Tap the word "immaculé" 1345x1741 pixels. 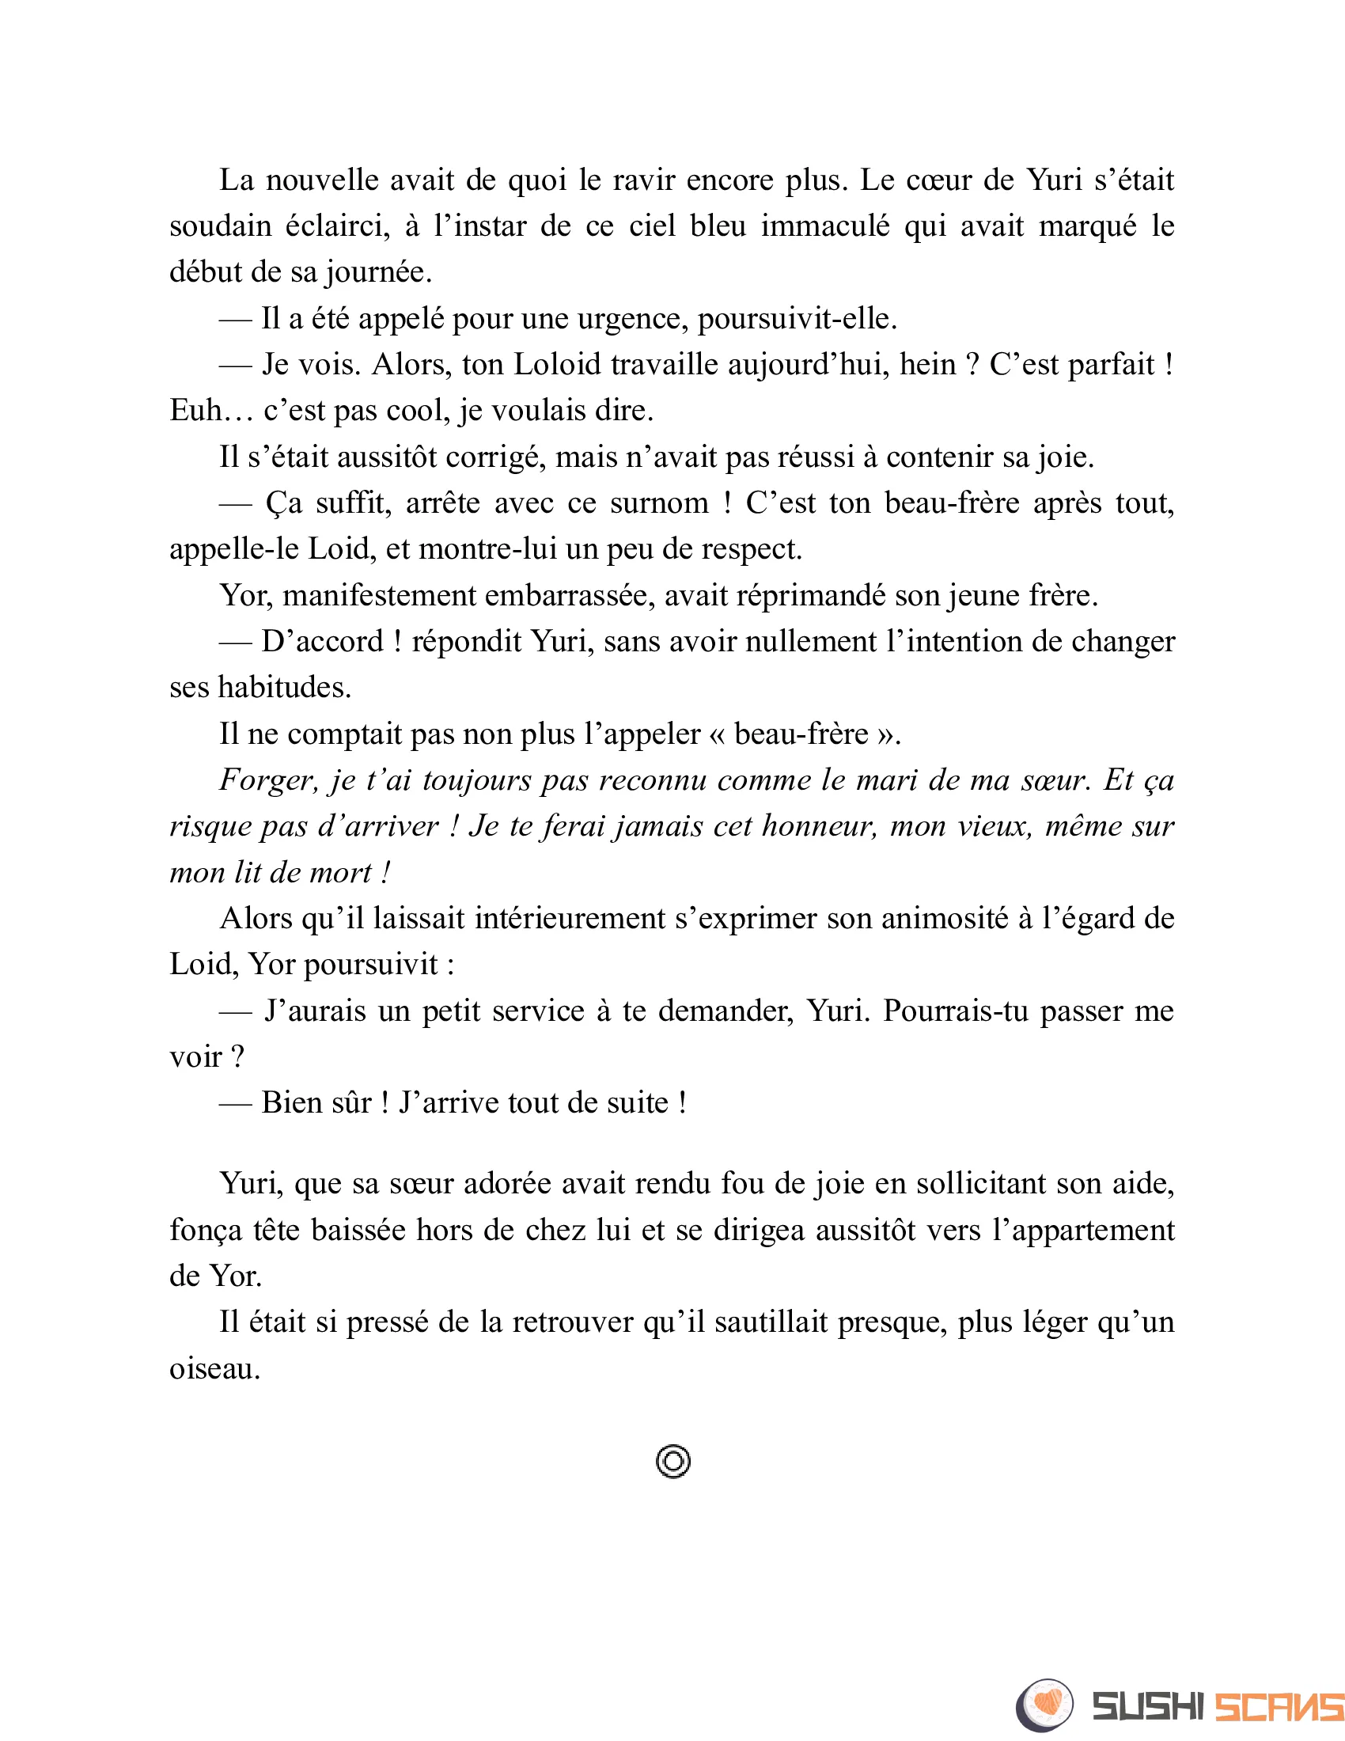coord(824,227)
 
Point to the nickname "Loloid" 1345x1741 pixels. coord(557,365)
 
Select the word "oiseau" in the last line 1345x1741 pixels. coord(214,1370)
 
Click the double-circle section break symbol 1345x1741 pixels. coord(673,1462)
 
